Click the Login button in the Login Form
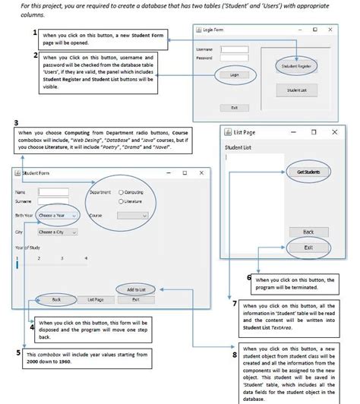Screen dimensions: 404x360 (x=234, y=75)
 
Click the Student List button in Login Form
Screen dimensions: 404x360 (x=297, y=90)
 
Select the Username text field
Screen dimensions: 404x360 (x=235, y=49)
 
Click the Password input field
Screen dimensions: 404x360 (x=235, y=58)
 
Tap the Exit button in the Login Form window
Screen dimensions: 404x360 (x=234, y=108)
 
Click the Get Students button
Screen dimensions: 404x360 (x=308, y=172)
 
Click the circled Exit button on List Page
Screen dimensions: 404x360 (x=308, y=248)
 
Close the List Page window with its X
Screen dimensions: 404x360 (x=334, y=131)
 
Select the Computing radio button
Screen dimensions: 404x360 (x=121, y=193)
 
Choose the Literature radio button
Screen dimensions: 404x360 (x=121, y=201)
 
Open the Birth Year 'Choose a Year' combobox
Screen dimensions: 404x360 (x=58, y=216)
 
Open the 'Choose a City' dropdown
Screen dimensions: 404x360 (x=58, y=232)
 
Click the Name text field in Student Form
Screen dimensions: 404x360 (x=53, y=192)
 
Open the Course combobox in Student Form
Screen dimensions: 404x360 (x=133, y=216)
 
